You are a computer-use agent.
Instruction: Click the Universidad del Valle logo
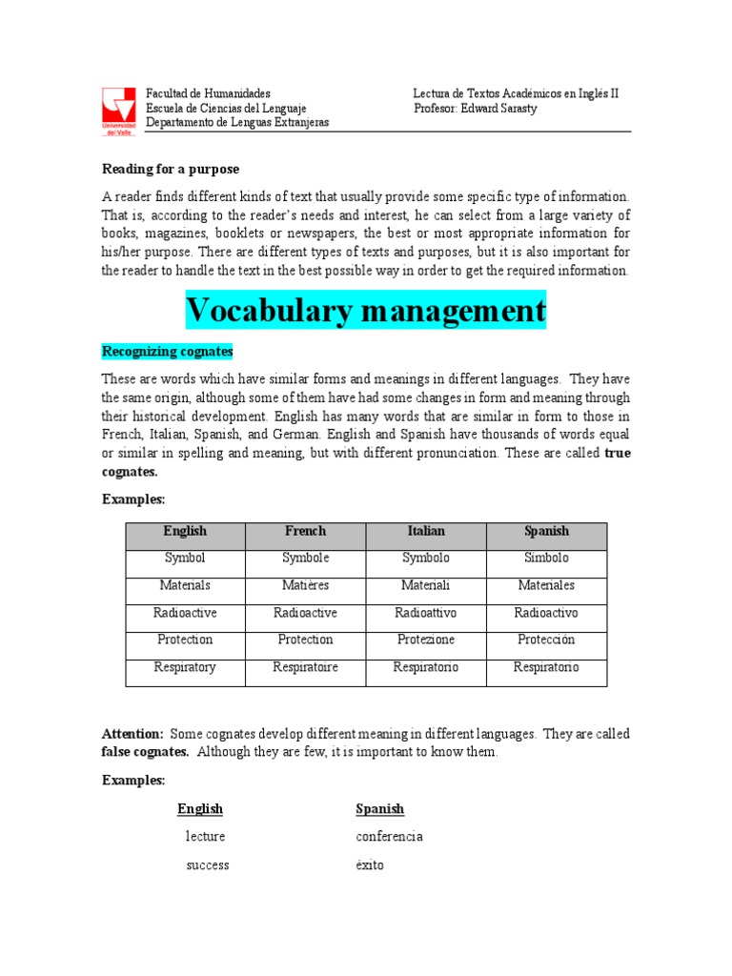point(119,110)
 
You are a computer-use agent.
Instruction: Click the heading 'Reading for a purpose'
point(171,169)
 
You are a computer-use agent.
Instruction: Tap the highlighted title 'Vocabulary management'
point(366,310)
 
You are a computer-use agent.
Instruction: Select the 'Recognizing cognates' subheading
point(168,352)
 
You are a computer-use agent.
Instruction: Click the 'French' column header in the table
point(305,531)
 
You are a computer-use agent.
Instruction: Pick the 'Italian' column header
point(425,531)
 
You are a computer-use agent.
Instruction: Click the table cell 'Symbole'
point(305,558)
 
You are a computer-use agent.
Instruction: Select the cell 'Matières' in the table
point(305,585)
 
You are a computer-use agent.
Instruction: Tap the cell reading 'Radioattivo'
point(425,613)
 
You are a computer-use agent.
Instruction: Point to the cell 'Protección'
point(546,640)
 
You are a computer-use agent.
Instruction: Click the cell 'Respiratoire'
point(305,667)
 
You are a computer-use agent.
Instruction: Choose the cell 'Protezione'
point(425,640)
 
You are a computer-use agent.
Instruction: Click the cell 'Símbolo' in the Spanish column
point(546,558)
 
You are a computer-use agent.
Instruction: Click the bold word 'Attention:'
point(132,734)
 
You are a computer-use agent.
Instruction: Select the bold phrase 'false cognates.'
point(146,752)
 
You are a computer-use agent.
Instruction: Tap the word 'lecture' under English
point(206,837)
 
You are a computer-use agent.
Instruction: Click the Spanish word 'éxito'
point(370,865)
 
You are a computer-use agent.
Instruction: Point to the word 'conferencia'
point(389,837)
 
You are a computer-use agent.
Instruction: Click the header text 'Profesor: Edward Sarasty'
point(476,109)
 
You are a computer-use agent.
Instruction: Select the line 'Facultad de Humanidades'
point(208,93)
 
